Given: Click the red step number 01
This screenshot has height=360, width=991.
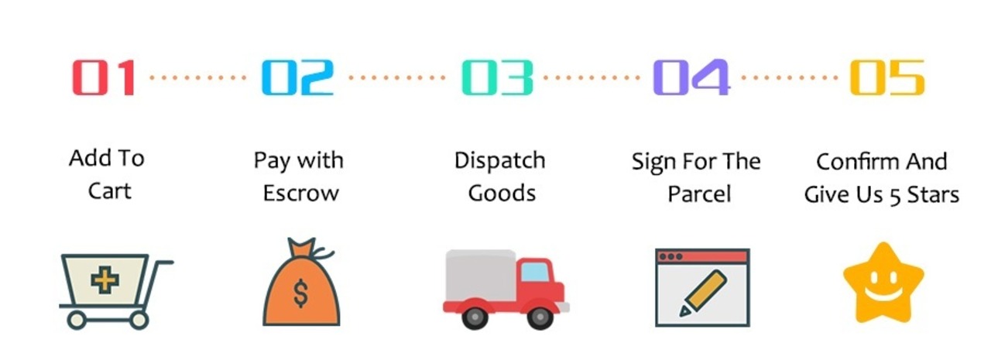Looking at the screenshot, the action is pos(104,78).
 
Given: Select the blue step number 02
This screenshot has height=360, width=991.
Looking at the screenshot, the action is pos(297,78).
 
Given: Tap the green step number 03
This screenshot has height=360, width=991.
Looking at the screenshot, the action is pos(497,78).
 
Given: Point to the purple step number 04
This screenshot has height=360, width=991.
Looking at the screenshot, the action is pos(691,78).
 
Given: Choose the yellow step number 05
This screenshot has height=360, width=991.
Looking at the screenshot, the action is pos(886,78).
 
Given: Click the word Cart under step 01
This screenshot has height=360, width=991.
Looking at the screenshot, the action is pos(109,190).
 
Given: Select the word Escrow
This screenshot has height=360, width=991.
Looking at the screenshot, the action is pos(300,193).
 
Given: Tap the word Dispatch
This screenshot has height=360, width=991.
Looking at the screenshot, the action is pos(499,161).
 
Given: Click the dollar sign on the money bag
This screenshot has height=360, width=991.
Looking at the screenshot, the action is pos(301,293).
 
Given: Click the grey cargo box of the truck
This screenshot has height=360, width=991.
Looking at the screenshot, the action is pos(480,276).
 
